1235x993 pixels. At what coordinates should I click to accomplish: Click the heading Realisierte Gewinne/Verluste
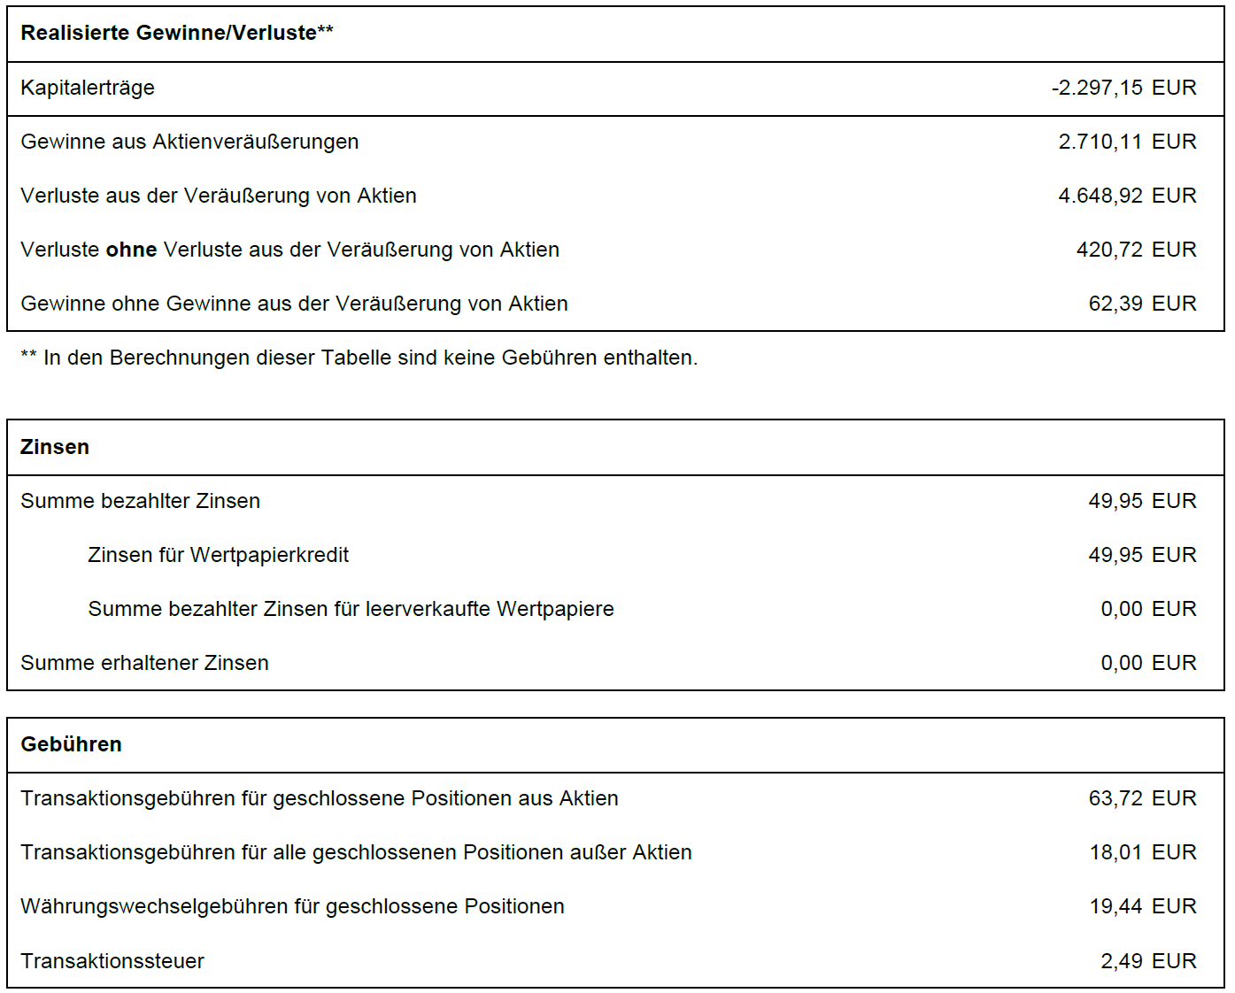point(176,33)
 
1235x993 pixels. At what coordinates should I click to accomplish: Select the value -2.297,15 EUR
point(1123,88)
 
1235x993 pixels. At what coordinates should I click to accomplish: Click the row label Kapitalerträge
point(88,88)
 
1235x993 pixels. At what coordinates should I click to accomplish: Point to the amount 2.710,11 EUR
point(1127,142)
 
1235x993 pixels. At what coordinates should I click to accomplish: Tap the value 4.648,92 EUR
point(1127,196)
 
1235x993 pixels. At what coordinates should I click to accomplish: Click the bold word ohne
point(131,250)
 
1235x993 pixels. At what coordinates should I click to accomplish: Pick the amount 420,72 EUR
point(1136,250)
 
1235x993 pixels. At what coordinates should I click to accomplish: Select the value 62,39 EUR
point(1142,304)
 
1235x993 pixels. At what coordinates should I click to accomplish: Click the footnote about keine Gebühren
point(359,358)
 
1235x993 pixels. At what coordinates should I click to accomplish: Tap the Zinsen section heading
point(55,447)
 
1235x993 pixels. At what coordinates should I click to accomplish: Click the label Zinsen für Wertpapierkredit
point(218,555)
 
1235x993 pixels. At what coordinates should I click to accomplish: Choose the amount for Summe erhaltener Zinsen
point(1148,663)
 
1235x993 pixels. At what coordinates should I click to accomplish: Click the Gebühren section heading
point(71,744)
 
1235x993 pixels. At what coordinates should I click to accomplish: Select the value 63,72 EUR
point(1142,798)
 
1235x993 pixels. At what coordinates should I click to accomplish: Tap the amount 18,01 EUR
point(1142,852)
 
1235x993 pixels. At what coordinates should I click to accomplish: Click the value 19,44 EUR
point(1142,906)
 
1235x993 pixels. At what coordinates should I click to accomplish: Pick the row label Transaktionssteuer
point(112,961)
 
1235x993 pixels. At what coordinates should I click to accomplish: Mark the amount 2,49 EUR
point(1148,961)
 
